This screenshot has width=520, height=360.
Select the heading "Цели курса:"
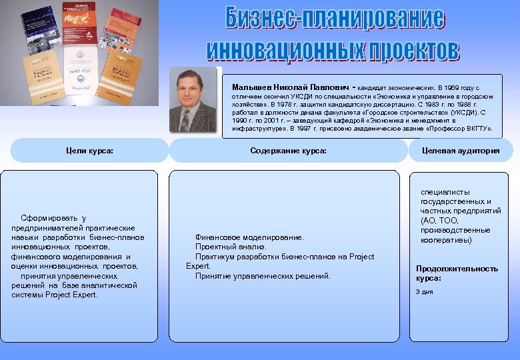click(90, 151)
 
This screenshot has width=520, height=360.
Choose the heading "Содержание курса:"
click(288, 151)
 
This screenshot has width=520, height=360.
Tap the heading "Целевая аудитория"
click(461, 151)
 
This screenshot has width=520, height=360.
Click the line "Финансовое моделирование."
click(249, 237)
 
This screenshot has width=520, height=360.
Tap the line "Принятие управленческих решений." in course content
click(263, 276)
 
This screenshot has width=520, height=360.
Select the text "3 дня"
click(424, 291)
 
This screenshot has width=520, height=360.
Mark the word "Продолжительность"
click(457, 269)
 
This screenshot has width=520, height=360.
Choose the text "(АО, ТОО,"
click(440, 220)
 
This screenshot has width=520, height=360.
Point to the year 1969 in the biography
click(451, 87)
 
